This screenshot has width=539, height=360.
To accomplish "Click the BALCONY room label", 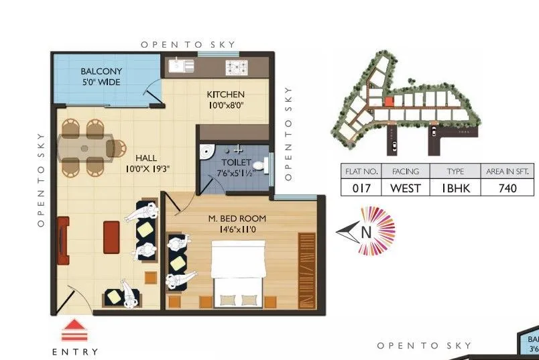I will click(x=101, y=71).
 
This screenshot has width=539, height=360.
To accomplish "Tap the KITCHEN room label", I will click(x=225, y=95).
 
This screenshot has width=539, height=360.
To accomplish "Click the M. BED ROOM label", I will click(x=237, y=218).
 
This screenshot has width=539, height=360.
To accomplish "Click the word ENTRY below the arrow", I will click(x=74, y=351).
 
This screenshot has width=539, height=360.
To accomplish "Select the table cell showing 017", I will click(x=361, y=188).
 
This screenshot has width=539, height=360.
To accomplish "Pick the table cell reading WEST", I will click(x=406, y=188).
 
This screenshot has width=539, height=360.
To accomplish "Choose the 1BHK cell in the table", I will click(x=456, y=188).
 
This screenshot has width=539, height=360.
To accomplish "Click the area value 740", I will click(x=507, y=188).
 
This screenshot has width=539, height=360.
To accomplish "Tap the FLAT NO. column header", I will click(x=361, y=172).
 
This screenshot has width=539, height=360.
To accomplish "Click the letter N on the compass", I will click(x=366, y=233).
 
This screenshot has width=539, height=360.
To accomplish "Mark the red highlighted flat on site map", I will click(x=388, y=102).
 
